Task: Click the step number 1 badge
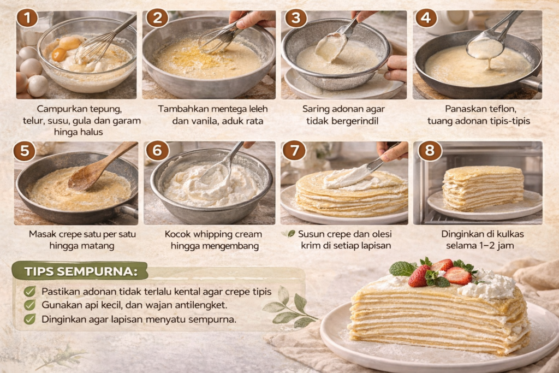pyautogui.click(x=27, y=18)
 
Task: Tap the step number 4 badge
pyautogui.click(x=426, y=18)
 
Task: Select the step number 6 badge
pyautogui.click(x=157, y=150)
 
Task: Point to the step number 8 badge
pyautogui.click(x=430, y=150)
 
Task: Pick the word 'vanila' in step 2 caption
pyautogui.click(x=206, y=121)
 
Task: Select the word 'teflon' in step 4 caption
pyautogui.click(x=503, y=109)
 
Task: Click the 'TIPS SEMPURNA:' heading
pyautogui.click(x=81, y=271)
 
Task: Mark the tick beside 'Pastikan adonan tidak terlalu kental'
pyautogui.click(x=30, y=292)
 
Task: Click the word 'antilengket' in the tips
pyautogui.click(x=202, y=305)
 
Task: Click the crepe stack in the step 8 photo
pyautogui.click(x=483, y=188)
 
